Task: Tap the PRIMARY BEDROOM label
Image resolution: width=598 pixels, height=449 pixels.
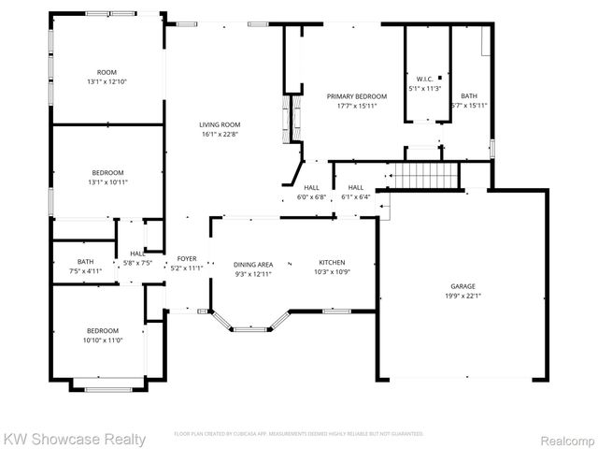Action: (357, 96)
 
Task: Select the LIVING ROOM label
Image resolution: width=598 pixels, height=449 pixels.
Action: (220, 124)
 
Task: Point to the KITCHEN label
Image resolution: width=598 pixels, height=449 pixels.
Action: (334, 263)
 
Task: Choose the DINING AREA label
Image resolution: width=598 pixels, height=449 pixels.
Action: (252, 265)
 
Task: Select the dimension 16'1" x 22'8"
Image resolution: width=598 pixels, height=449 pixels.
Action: (220, 134)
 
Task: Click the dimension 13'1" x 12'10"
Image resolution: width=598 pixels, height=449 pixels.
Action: (107, 81)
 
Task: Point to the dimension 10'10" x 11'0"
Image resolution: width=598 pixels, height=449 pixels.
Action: (103, 340)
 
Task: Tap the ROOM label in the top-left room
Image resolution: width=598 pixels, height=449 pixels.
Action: (107, 72)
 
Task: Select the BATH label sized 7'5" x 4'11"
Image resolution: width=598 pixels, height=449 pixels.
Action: (85, 262)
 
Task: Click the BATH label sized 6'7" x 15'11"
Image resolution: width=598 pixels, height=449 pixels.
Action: (469, 95)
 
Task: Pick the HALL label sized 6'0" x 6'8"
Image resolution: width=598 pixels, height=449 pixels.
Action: (312, 187)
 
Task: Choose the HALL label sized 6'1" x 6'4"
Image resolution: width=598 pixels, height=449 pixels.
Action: (356, 187)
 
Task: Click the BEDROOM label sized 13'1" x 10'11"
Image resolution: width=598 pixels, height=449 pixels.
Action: (107, 172)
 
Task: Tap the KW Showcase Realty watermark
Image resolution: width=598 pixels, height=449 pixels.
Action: (75, 439)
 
